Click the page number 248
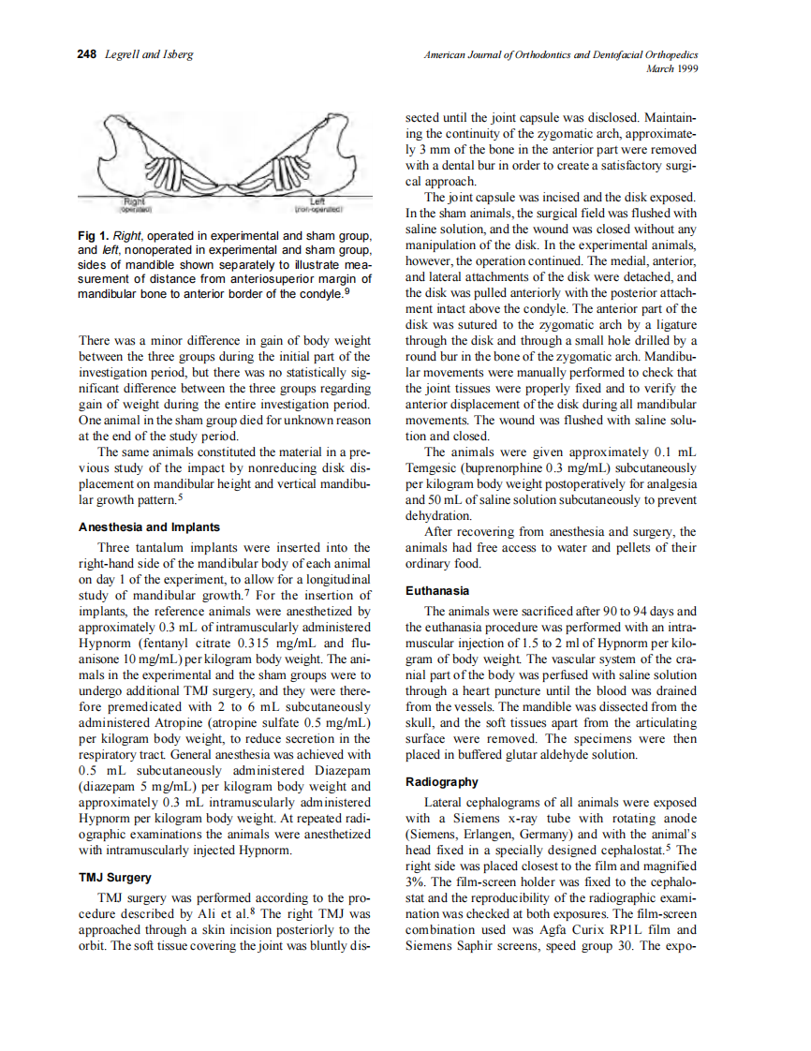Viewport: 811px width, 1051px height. (87, 55)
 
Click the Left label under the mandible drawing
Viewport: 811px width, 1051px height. (316, 200)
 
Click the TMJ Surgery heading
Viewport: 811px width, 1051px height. (114, 878)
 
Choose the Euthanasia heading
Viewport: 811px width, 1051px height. (437, 591)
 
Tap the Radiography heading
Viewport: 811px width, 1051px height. (442, 782)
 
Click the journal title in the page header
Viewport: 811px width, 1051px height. (561, 55)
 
